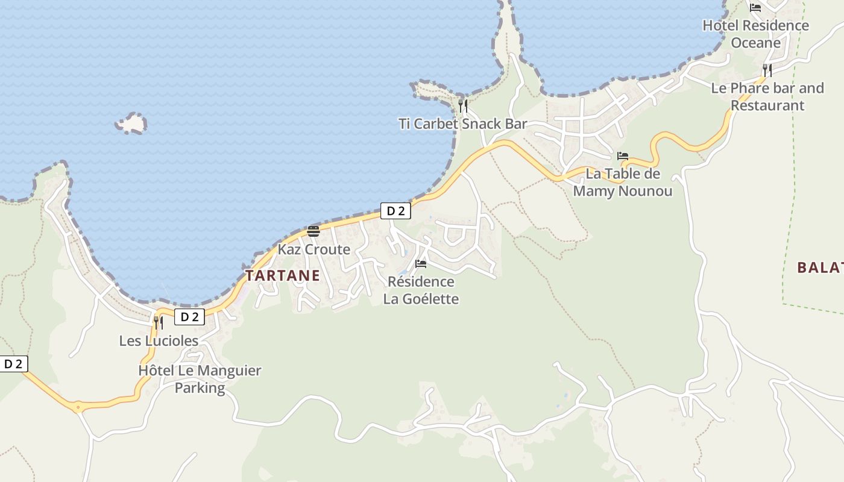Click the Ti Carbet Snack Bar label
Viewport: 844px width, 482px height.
click(462, 124)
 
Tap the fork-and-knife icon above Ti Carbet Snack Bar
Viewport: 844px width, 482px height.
click(463, 106)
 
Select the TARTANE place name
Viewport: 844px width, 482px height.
click(282, 275)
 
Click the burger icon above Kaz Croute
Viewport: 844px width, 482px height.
click(313, 231)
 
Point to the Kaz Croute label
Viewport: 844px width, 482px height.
click(313, 249)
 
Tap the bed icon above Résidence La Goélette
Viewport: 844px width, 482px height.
click(421, 264)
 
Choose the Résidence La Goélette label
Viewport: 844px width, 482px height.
click(421, 290)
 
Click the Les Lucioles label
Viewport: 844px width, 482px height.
click(159, 341)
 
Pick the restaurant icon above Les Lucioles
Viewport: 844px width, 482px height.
click(159, 323)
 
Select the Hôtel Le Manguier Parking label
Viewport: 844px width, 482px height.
click(200, 379)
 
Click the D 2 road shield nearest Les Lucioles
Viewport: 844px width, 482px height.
click(189, 317)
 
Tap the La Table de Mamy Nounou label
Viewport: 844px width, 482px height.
click(623, 183)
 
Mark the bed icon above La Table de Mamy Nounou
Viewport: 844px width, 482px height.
click(623, 156)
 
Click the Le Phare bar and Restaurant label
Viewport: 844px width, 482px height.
click(767, 96)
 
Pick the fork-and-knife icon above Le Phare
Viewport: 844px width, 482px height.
click(767, 70)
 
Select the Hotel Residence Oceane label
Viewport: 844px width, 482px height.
click(755, 34)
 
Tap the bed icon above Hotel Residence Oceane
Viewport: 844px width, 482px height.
click(755, 8)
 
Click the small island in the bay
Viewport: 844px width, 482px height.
click(131, 124)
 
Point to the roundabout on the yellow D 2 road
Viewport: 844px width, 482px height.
click(77, 407)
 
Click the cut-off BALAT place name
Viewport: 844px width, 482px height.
click(820, 268)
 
